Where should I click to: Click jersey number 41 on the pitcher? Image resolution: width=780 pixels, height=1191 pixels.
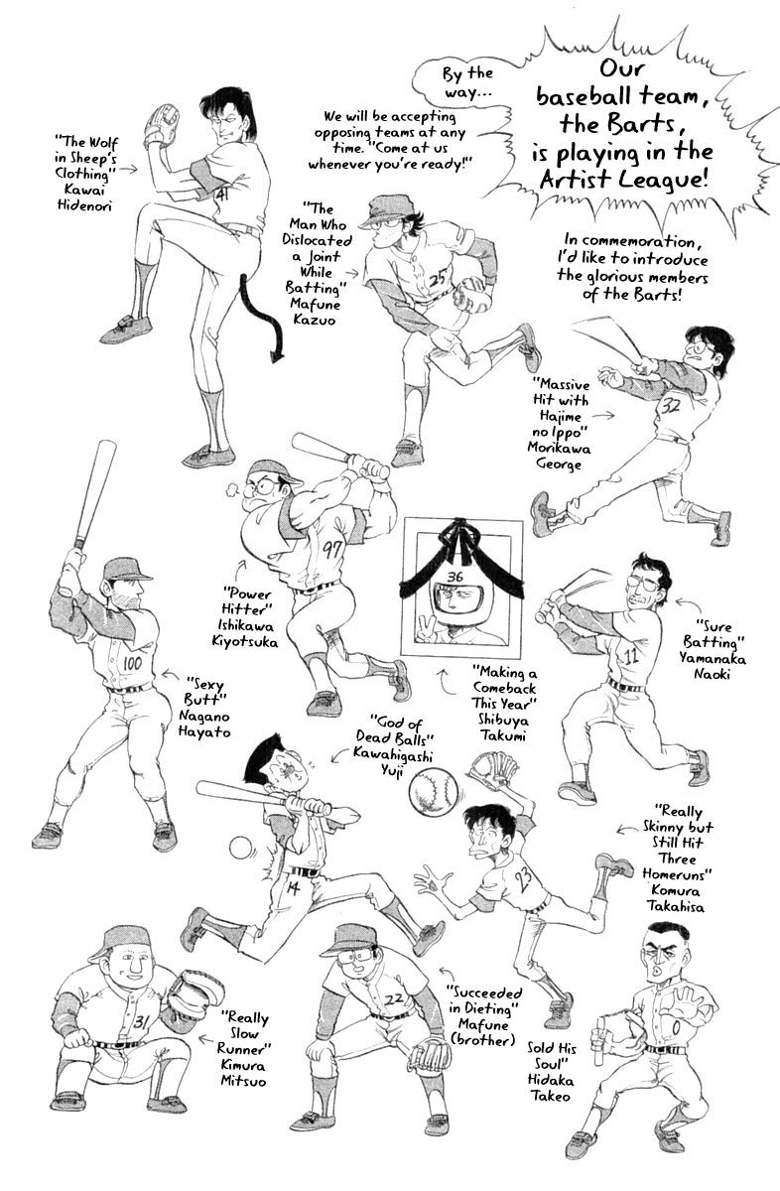tap(222, 196)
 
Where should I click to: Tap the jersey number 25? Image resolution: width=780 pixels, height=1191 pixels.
tap(440, 278)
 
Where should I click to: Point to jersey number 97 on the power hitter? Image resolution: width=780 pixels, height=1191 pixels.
tap(333, 549)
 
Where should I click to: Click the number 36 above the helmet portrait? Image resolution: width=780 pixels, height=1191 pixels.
tap(455, 577)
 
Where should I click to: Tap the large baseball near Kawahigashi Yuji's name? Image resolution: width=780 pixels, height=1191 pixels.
tap(432, 796)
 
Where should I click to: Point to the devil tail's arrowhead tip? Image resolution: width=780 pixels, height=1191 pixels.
tap(275, 362)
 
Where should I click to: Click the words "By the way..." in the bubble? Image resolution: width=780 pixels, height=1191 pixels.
tap(465, 82)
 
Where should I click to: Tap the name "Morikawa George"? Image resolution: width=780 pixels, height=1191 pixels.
tap(559, 456)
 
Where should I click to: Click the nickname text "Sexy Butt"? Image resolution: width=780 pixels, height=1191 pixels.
tap(204, 690)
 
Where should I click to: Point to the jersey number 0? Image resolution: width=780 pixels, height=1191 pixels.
tap(676, 1029)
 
